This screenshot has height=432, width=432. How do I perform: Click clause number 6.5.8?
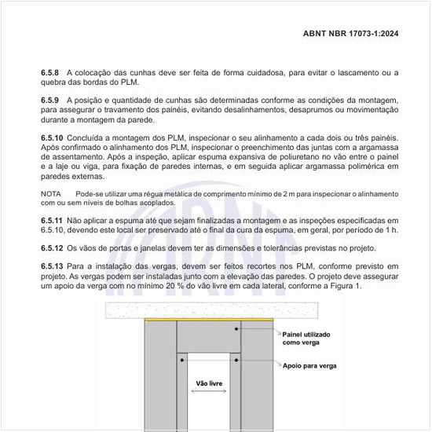coord(51,72)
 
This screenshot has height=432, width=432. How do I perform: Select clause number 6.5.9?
coord(51,101)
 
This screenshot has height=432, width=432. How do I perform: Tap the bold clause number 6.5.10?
coord(53,137)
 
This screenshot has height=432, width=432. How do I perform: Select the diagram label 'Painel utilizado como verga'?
coord(306,339)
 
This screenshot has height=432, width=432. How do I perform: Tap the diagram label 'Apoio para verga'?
coord(309,366)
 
